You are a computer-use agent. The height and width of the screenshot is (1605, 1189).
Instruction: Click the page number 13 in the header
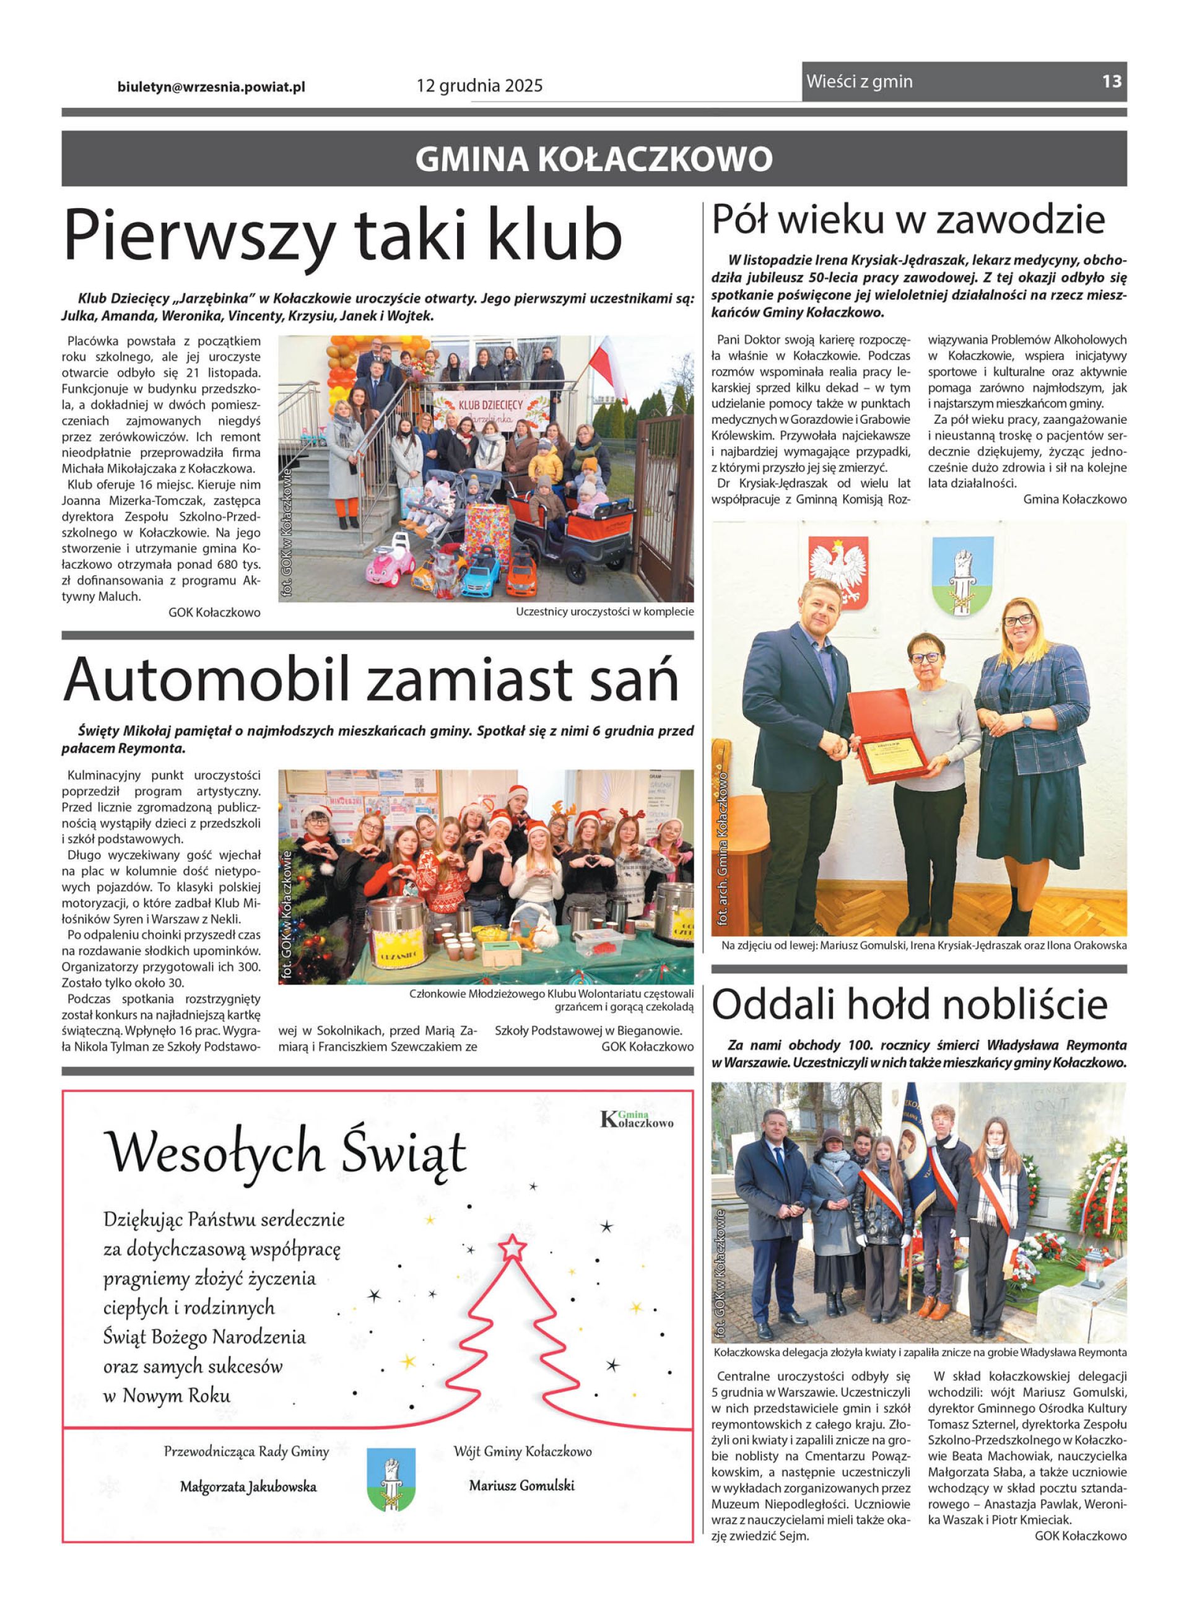coord(1111,81)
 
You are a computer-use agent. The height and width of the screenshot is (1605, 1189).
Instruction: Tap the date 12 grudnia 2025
coord(479,86)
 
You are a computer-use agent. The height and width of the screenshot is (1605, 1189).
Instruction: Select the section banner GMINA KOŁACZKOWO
coord(594,159)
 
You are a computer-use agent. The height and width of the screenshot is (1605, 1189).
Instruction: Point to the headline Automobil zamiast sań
coord(371,679)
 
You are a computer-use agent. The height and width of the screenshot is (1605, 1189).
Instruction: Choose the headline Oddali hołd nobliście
coord(909,1004)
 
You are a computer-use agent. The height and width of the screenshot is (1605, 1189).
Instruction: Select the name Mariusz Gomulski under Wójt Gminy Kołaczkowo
coord(522,1485)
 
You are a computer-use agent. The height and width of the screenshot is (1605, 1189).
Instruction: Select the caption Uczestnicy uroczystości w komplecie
coord(604,612)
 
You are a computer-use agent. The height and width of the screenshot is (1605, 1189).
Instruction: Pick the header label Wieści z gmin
coord(859,81)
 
